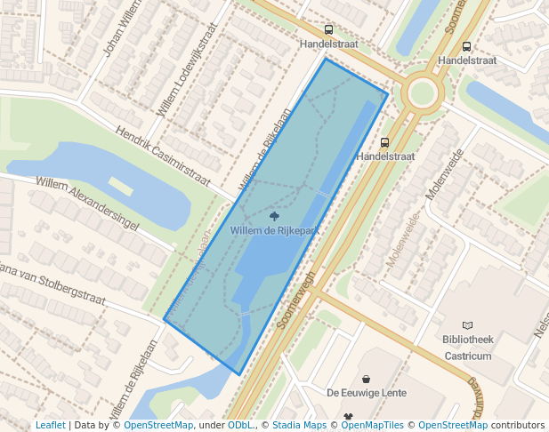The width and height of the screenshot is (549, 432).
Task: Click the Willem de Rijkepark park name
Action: [x=274, y=230]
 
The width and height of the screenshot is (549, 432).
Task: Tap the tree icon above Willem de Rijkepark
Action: [x=274, y=216]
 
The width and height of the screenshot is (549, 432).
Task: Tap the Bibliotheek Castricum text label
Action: [x=466, y=348]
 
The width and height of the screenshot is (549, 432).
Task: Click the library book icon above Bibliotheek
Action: [x=468, y=326]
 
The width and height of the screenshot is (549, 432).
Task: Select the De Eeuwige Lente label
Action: [x=367, y=393]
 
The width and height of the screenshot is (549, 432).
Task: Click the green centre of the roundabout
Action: [x=422, y=92]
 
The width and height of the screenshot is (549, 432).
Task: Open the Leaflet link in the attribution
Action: [x=50, y=426]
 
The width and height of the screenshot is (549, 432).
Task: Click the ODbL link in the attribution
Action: [x=239, y=426]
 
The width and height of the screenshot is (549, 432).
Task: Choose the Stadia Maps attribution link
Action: [x=299, y=426]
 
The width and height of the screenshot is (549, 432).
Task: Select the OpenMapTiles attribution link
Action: [x=373, y=426]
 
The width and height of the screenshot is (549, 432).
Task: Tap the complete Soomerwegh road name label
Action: [x=297, y=300]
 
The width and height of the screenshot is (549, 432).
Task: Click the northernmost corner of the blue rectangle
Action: [x=326, y=59]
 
